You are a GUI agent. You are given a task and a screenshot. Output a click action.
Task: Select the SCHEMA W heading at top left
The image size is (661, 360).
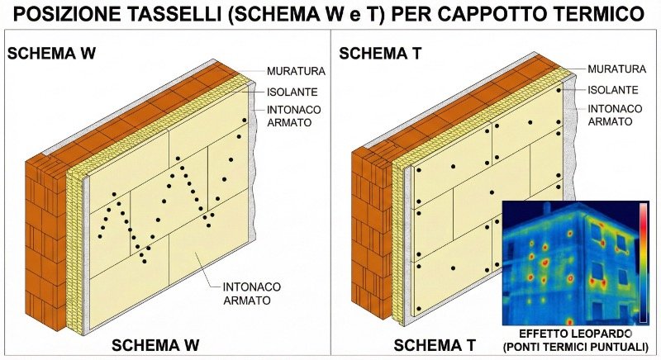click(x=51, y=54)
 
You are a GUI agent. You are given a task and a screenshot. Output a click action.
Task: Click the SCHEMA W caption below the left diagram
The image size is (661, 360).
click(x=155, y=345)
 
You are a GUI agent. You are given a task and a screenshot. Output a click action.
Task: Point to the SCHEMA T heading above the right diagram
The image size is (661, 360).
click(x=380, y=54)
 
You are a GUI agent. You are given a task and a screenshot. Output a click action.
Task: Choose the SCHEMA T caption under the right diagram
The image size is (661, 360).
click(x=435, y=345)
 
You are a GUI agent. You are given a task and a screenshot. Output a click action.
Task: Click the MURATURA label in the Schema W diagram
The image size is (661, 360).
click(x=296, y=71)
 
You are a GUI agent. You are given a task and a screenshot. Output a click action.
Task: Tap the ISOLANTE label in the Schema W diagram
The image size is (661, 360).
click(x=292, y=92)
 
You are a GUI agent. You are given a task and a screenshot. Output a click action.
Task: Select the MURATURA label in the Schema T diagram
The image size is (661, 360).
click(x=616, y=69)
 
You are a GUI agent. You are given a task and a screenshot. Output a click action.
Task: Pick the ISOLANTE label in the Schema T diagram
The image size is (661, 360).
click(x=613, y=90)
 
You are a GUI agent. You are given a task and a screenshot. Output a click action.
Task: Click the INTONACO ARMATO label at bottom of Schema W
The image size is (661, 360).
click(x=252, y=293)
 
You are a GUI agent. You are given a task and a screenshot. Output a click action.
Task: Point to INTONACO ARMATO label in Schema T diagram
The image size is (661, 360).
click(x=615, y=115)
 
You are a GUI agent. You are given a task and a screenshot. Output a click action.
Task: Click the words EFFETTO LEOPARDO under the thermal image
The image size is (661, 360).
click(x=575, y=334)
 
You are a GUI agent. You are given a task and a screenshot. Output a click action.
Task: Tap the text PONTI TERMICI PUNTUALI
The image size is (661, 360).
click(x=575, y=347)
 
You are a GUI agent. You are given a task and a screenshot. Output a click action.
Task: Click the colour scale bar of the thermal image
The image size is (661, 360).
click(x=644, y=263)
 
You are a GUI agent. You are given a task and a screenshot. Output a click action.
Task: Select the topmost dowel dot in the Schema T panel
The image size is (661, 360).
click(x=559, y=90)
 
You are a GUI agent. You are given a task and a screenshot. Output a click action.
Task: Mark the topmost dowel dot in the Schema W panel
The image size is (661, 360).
click(x=244, y=120)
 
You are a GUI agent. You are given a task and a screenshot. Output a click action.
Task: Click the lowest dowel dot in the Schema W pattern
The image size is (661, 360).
click(x=145, y=262)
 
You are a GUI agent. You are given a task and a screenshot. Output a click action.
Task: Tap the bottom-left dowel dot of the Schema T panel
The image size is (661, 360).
click(x=419, y=309)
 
